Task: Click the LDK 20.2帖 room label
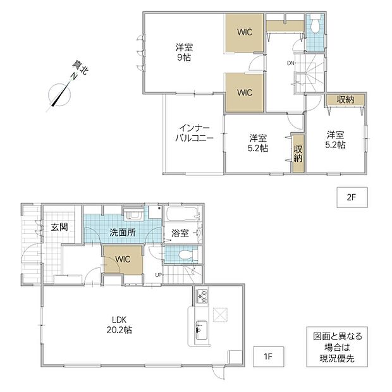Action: (119, 325)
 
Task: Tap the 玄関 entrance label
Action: (59, 227)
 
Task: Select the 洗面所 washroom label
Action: (123, 233)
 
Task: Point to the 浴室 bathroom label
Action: (180, 233)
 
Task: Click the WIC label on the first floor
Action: (123, 259)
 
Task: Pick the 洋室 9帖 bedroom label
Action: (184, 52)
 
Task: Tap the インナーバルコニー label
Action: (194, 133)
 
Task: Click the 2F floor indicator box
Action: (352, 197)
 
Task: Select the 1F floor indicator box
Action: (268, 356)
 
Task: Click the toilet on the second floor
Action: (315, 24)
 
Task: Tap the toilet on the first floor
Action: (187, 255)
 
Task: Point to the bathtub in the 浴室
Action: (181, 213)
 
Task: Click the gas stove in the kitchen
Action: (202, 297)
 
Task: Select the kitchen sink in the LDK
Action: (201, 330)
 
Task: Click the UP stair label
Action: (158, 275)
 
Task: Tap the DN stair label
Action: (290, 63)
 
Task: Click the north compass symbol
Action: (59, 95)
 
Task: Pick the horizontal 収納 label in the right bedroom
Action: (345, 99)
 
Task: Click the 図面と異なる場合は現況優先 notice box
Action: (337, 346)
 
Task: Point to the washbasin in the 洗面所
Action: (133, 215)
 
